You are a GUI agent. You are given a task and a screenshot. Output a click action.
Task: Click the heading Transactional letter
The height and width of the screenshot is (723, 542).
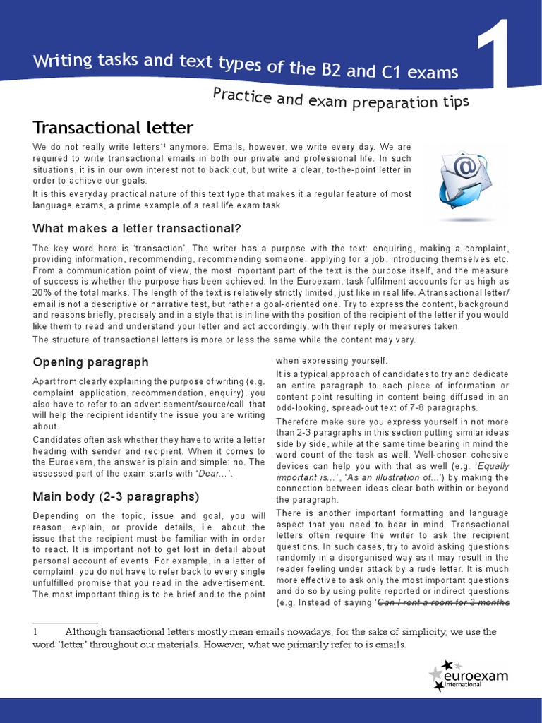click(112, 128)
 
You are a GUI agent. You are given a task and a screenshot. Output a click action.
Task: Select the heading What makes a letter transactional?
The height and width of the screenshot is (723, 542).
click(137, 229)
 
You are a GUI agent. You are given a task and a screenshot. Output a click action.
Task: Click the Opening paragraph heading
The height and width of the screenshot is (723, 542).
click(90, 362)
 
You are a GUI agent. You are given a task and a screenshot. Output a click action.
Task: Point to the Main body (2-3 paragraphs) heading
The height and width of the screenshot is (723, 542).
click(116, 496)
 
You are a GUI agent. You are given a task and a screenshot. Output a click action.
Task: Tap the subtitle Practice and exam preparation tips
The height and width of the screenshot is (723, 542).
click(341, 100)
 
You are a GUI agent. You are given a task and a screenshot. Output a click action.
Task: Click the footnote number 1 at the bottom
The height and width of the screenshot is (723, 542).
click(35, 632)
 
